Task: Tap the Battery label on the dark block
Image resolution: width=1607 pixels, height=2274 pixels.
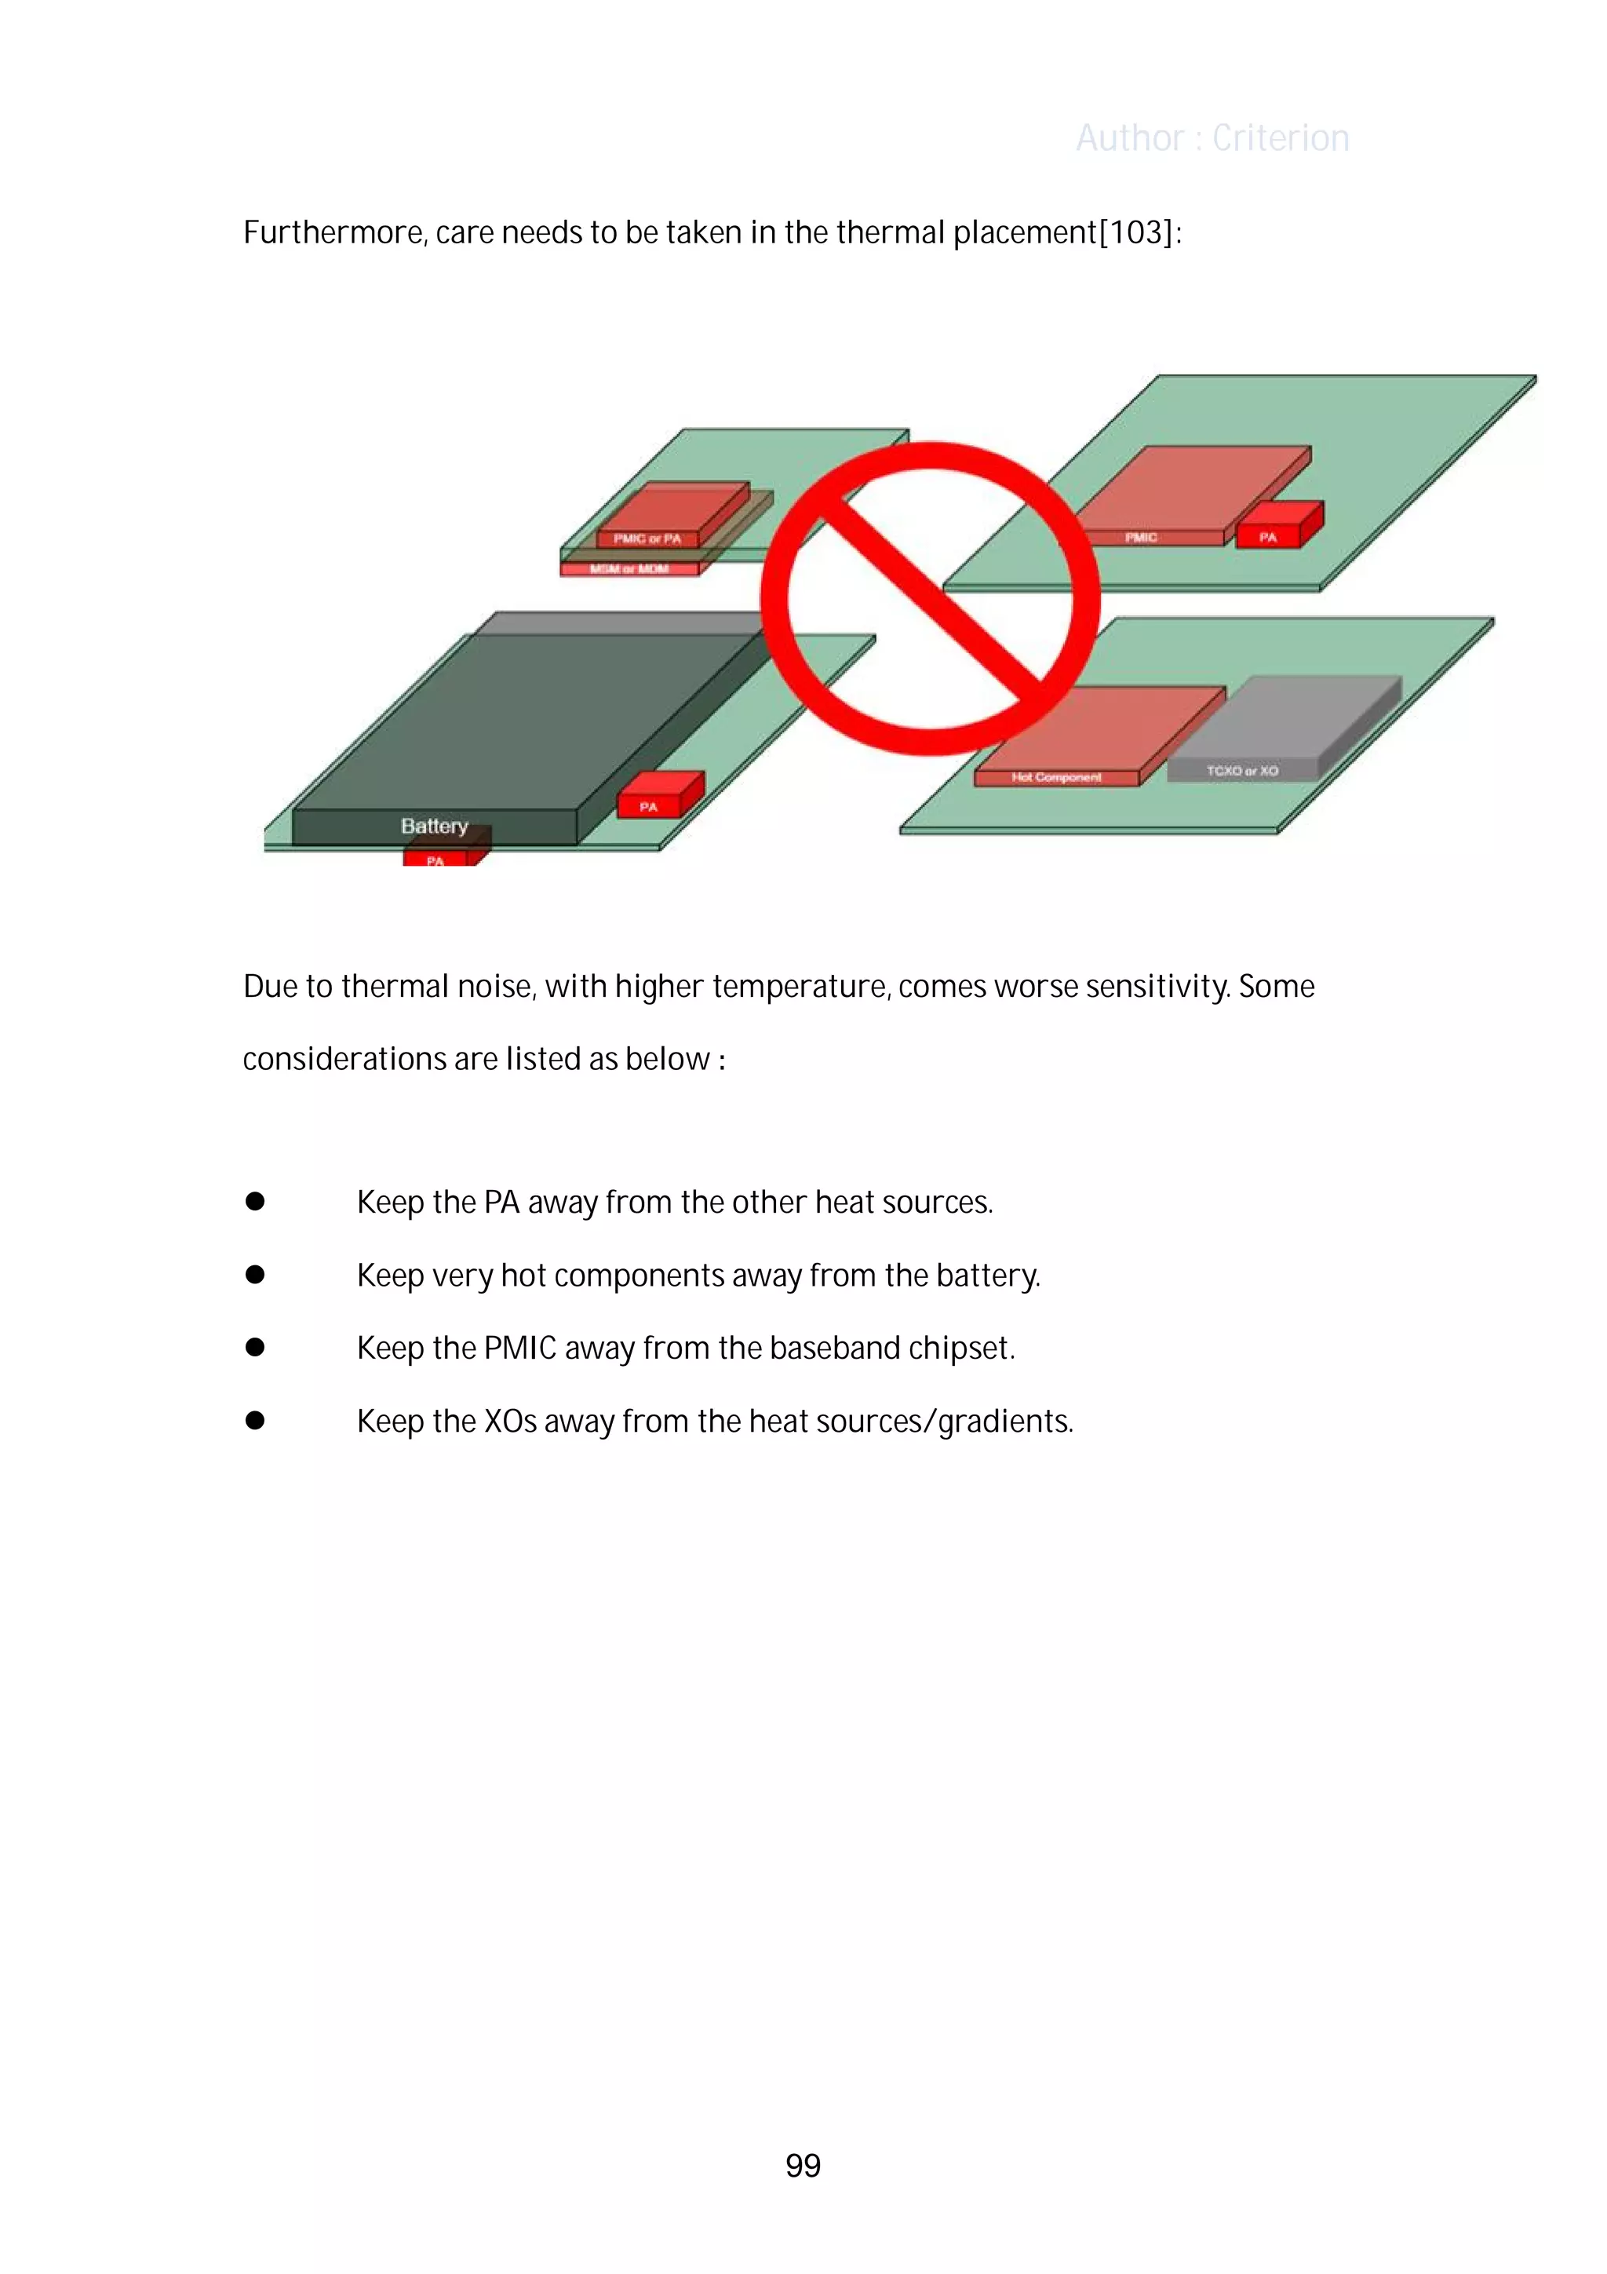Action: click(434, 826)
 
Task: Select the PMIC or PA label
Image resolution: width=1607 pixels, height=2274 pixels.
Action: click(647, 538)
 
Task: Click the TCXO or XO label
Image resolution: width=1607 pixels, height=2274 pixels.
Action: click(1241, 771)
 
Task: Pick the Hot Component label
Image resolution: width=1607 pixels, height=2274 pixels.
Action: click(1055, 777)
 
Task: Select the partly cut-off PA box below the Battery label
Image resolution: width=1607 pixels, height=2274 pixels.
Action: click(435, 859)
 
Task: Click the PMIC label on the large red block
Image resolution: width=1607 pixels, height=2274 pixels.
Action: click(1141, 537)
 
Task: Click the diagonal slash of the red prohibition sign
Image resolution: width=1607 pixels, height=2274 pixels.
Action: click(931, 597)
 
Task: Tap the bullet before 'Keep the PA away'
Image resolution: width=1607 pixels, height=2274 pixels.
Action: click(256, 1202)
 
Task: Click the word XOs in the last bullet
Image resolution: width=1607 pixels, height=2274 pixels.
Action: click(510, 1422)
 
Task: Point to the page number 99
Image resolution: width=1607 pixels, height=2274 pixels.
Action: click(803, 2166)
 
